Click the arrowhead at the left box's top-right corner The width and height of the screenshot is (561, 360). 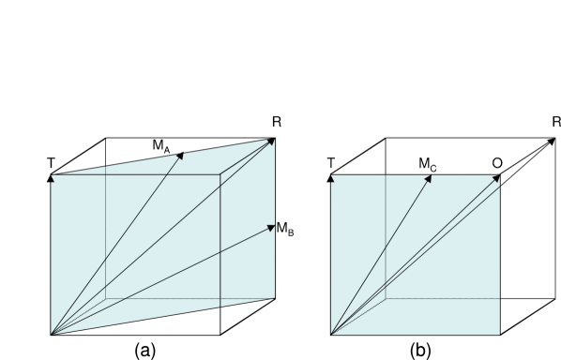click(x=271, y=142)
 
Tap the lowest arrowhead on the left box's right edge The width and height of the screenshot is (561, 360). click(x=271, y=227)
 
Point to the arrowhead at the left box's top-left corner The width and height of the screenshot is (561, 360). click(x=53, y=177)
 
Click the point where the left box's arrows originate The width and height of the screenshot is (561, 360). click(x=51, y=334)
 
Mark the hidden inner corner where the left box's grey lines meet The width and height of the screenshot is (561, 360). click(x=105, y=298)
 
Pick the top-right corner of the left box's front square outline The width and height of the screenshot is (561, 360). click(x=220, y=174)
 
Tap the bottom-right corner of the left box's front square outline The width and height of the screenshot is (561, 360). click(x=220, y=307)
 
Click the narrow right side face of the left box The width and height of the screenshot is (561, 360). click(x=247, y=262)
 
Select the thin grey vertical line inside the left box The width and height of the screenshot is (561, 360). click(x=105, y=234)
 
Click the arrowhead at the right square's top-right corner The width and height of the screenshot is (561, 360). click(x=496, y=178)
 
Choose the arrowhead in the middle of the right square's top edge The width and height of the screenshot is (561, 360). click(x=429, y=178)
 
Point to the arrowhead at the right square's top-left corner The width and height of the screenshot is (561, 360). click(x=332, y=177)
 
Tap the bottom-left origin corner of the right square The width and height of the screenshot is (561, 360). click(x=331, y=334)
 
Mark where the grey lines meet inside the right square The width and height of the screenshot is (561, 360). click(x=386, y=298)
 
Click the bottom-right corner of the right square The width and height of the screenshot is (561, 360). click(x=499, y=334)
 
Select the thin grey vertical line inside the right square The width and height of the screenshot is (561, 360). click(x=386, y=234)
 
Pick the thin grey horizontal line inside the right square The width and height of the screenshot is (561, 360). click(x=441, y=298)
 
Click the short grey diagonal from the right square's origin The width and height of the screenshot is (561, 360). click(x=358, y=316)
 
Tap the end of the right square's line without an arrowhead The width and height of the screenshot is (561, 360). click(x=499, y=187)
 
